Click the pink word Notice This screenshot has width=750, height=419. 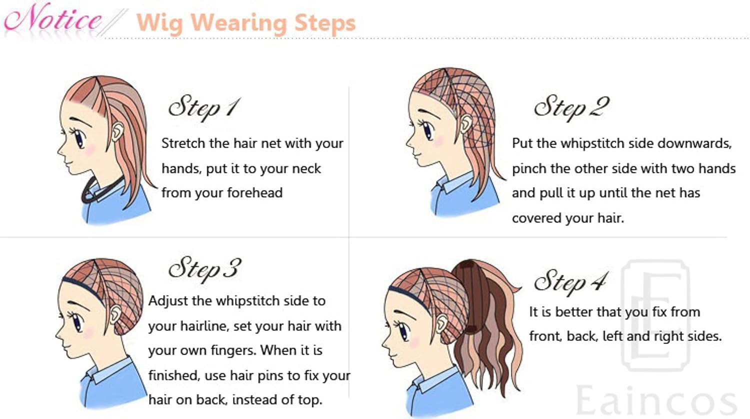[53, 18]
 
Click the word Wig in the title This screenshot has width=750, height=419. [159, 23]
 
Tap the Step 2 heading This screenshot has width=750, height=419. [571, 107]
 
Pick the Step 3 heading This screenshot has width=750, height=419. [204, 269]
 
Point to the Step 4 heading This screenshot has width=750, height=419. [570, 282]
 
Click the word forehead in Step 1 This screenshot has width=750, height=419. [255, 193]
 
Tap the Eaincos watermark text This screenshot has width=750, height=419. [656, 400]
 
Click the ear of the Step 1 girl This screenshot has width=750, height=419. [117, 131]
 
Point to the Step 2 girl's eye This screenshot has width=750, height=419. [427, 130]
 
